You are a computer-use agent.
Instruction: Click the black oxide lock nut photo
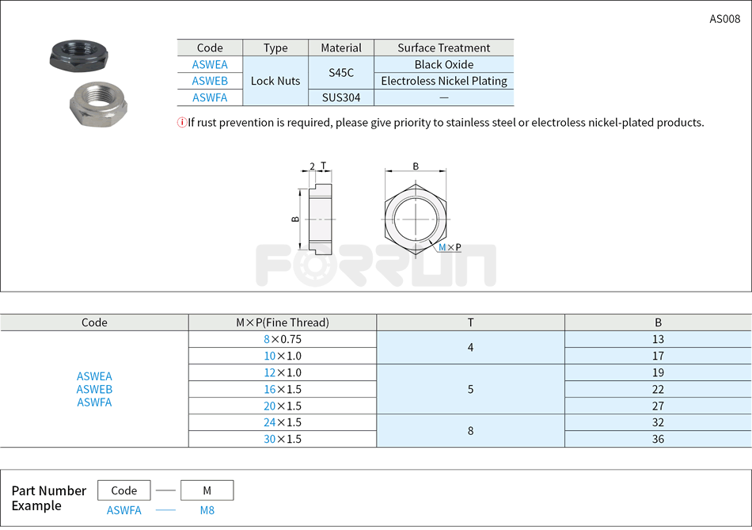pos(74,55)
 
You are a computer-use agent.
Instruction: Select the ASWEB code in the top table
pos(210,81)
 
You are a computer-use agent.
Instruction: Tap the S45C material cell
pos(341,73)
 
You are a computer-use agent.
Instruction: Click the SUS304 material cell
pos(341,97)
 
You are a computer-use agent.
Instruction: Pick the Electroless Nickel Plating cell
pos(444,81)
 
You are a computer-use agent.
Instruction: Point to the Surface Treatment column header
pos(444,48)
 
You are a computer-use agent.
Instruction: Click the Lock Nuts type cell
pos(275,81)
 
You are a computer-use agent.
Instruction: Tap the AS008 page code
pos(724,19)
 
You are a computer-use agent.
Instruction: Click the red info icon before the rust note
pos(182,122)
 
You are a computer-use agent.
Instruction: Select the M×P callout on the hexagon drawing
pos(450,248)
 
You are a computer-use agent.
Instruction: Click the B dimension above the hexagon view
pos(416,166)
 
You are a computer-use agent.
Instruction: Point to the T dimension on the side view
pos(323,166)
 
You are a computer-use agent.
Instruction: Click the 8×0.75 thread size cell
pos(283,339)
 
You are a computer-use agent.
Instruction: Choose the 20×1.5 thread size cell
pos(283,406)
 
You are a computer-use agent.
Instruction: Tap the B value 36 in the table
pos(658,439)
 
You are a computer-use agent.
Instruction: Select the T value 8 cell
pos(470,431)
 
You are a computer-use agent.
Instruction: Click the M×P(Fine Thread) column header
pos(283,322)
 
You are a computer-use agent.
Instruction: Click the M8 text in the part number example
pos(207,510)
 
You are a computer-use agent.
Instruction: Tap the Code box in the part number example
pos(124,490)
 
